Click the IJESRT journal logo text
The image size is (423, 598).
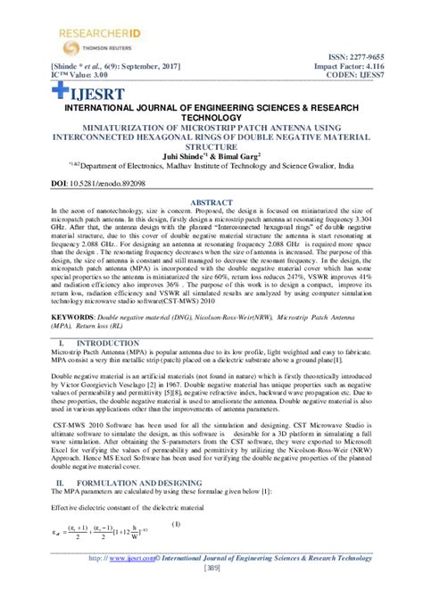85,92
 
